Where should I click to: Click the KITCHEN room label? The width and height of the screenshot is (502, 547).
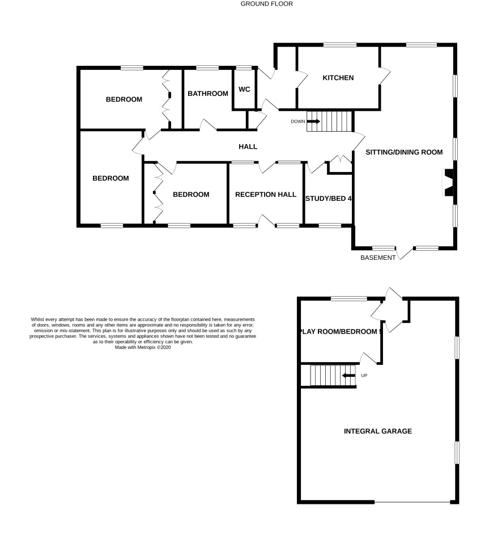point(338,78)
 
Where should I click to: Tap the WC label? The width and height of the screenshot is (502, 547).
point(244,89)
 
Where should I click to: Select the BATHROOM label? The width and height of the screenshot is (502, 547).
point(208,94)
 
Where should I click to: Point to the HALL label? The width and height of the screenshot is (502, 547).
point(248,146)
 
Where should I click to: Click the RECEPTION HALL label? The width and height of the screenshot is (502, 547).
point(266,194)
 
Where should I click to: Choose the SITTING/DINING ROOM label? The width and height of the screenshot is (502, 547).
point(404,152)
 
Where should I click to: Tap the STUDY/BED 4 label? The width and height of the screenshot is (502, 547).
point(329,199)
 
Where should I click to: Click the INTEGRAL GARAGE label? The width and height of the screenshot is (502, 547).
point(377,431)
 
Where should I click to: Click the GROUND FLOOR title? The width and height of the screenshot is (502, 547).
point(266,4)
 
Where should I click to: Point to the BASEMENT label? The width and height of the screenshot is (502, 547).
point(377,258)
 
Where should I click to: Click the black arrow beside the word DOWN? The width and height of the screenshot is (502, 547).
point(313,121)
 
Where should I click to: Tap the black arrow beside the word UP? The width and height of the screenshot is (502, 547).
point(348,376)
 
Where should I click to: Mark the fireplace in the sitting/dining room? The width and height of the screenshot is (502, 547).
point(449,183)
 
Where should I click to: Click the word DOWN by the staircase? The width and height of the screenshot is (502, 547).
point(298,121)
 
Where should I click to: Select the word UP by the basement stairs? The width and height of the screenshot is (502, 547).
point(364,376)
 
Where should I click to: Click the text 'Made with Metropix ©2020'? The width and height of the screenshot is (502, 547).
point(143,347)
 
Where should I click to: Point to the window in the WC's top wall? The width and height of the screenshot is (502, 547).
point(244,68)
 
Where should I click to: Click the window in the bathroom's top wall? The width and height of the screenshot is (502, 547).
point(207,68)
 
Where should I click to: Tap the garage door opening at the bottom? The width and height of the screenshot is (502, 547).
point(412,502)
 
